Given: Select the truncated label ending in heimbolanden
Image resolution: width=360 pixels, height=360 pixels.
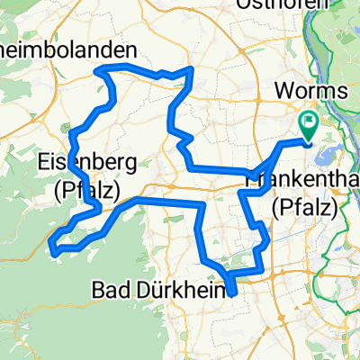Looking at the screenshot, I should (x=68, y=49).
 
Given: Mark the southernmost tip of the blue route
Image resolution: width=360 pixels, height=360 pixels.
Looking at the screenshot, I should (x=231, y=292).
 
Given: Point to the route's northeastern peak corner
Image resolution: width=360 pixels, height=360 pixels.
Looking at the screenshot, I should (x=191, y=68).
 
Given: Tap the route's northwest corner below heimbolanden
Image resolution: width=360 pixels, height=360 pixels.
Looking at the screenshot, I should (x=106, y=69).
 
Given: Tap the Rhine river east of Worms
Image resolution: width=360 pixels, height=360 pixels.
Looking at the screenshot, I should (x=347, y=108).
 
